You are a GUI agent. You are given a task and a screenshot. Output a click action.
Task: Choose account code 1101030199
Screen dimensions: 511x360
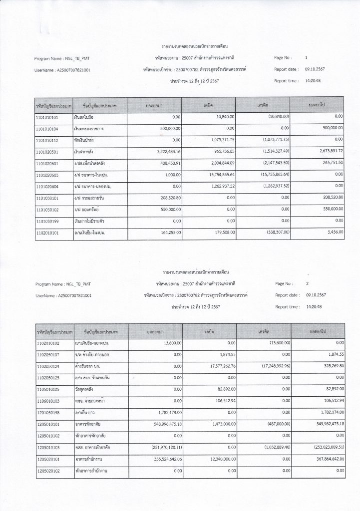47,221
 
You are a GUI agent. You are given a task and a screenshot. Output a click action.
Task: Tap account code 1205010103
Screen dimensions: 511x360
47,448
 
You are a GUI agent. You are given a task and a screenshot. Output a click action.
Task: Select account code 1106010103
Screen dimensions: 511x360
47,401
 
